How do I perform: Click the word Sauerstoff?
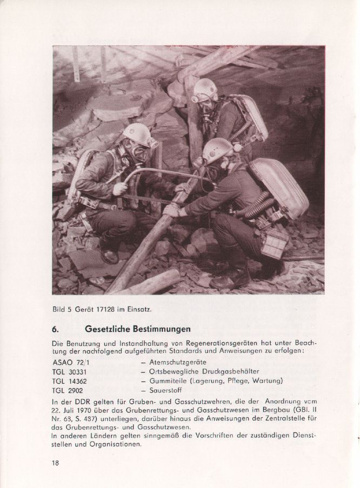[x=168, y=390]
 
